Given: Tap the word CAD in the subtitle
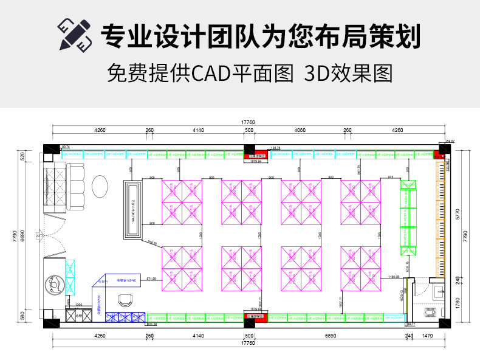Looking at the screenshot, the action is pos(208,74).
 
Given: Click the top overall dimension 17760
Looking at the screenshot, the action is pos(248,123).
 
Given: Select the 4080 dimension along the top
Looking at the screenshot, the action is pos(300,130).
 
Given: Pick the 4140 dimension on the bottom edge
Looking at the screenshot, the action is pos(198,336).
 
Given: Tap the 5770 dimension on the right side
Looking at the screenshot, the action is pos(458,213).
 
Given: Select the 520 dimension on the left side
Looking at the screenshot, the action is pos(23,156).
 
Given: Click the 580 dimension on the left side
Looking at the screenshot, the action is pos(23,316).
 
